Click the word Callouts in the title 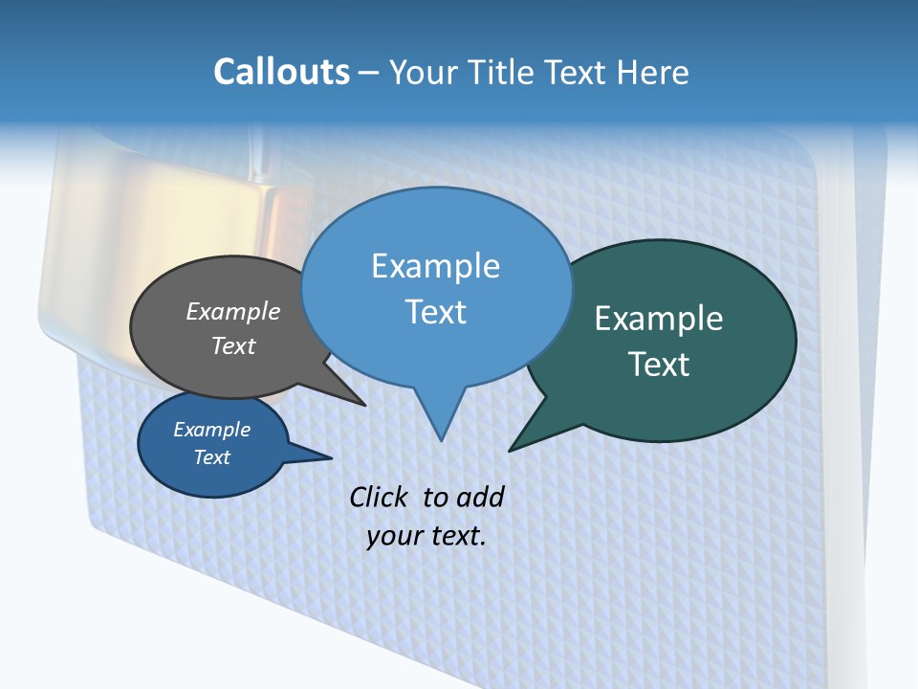pyautogui.click(x=281, y=72)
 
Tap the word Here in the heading pyautogui.click(x=651, y=72)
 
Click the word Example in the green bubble pyautogui.click(x=659, y=319)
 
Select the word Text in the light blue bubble pyautogui.click(x=436, y=312)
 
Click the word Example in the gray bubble pyautogui.click(x=233, y=312)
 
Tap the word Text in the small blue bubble pyautogui.click(x=211, y=457)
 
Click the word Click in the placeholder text pyautogui.click(x=380, y=497)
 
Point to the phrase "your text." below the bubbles pyautogui.click(x=426, y=536)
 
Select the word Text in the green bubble pyautogui.click(x=659, y=365)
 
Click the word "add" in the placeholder pyautogui.click(x=479, y=497)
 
